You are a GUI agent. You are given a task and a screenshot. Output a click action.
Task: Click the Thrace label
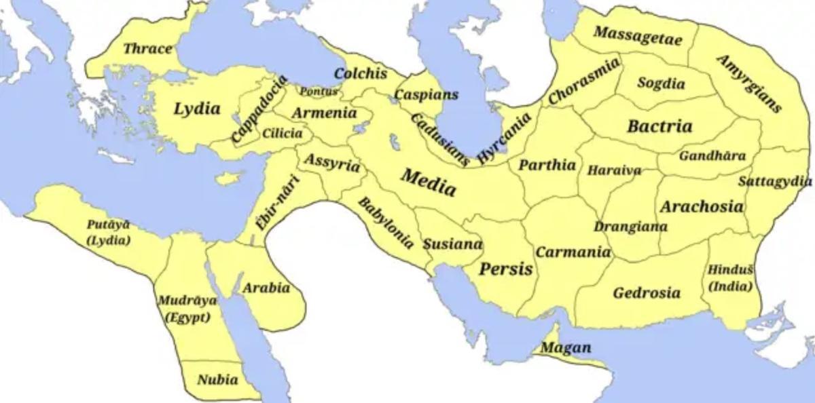(x=147, y=49)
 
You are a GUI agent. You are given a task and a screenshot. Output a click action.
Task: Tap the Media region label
(x=429, y=182)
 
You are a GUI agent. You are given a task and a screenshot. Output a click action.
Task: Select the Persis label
(x=506, y=269)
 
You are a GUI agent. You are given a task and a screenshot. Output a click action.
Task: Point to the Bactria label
(x=659, y=126)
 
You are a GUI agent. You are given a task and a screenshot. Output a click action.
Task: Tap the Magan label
(x=566, y=348)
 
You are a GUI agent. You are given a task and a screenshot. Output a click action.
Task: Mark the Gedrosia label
(x=647, y=293)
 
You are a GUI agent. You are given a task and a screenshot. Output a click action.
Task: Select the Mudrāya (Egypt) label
(x=186, y=309)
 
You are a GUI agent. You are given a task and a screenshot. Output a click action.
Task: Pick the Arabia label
(x=266, y=288)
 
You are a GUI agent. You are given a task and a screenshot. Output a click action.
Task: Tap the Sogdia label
(x=661, y=83)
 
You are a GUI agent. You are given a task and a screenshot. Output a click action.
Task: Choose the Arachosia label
(x=702, y=206)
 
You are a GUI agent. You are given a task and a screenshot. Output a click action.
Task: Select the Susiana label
(x=452, y=244)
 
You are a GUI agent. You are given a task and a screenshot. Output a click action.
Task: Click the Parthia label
(x=547, y=165)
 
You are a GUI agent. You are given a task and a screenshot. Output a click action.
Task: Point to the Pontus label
(x=319, y=91)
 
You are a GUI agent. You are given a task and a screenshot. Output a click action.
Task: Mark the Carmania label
(x=573, y=252)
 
